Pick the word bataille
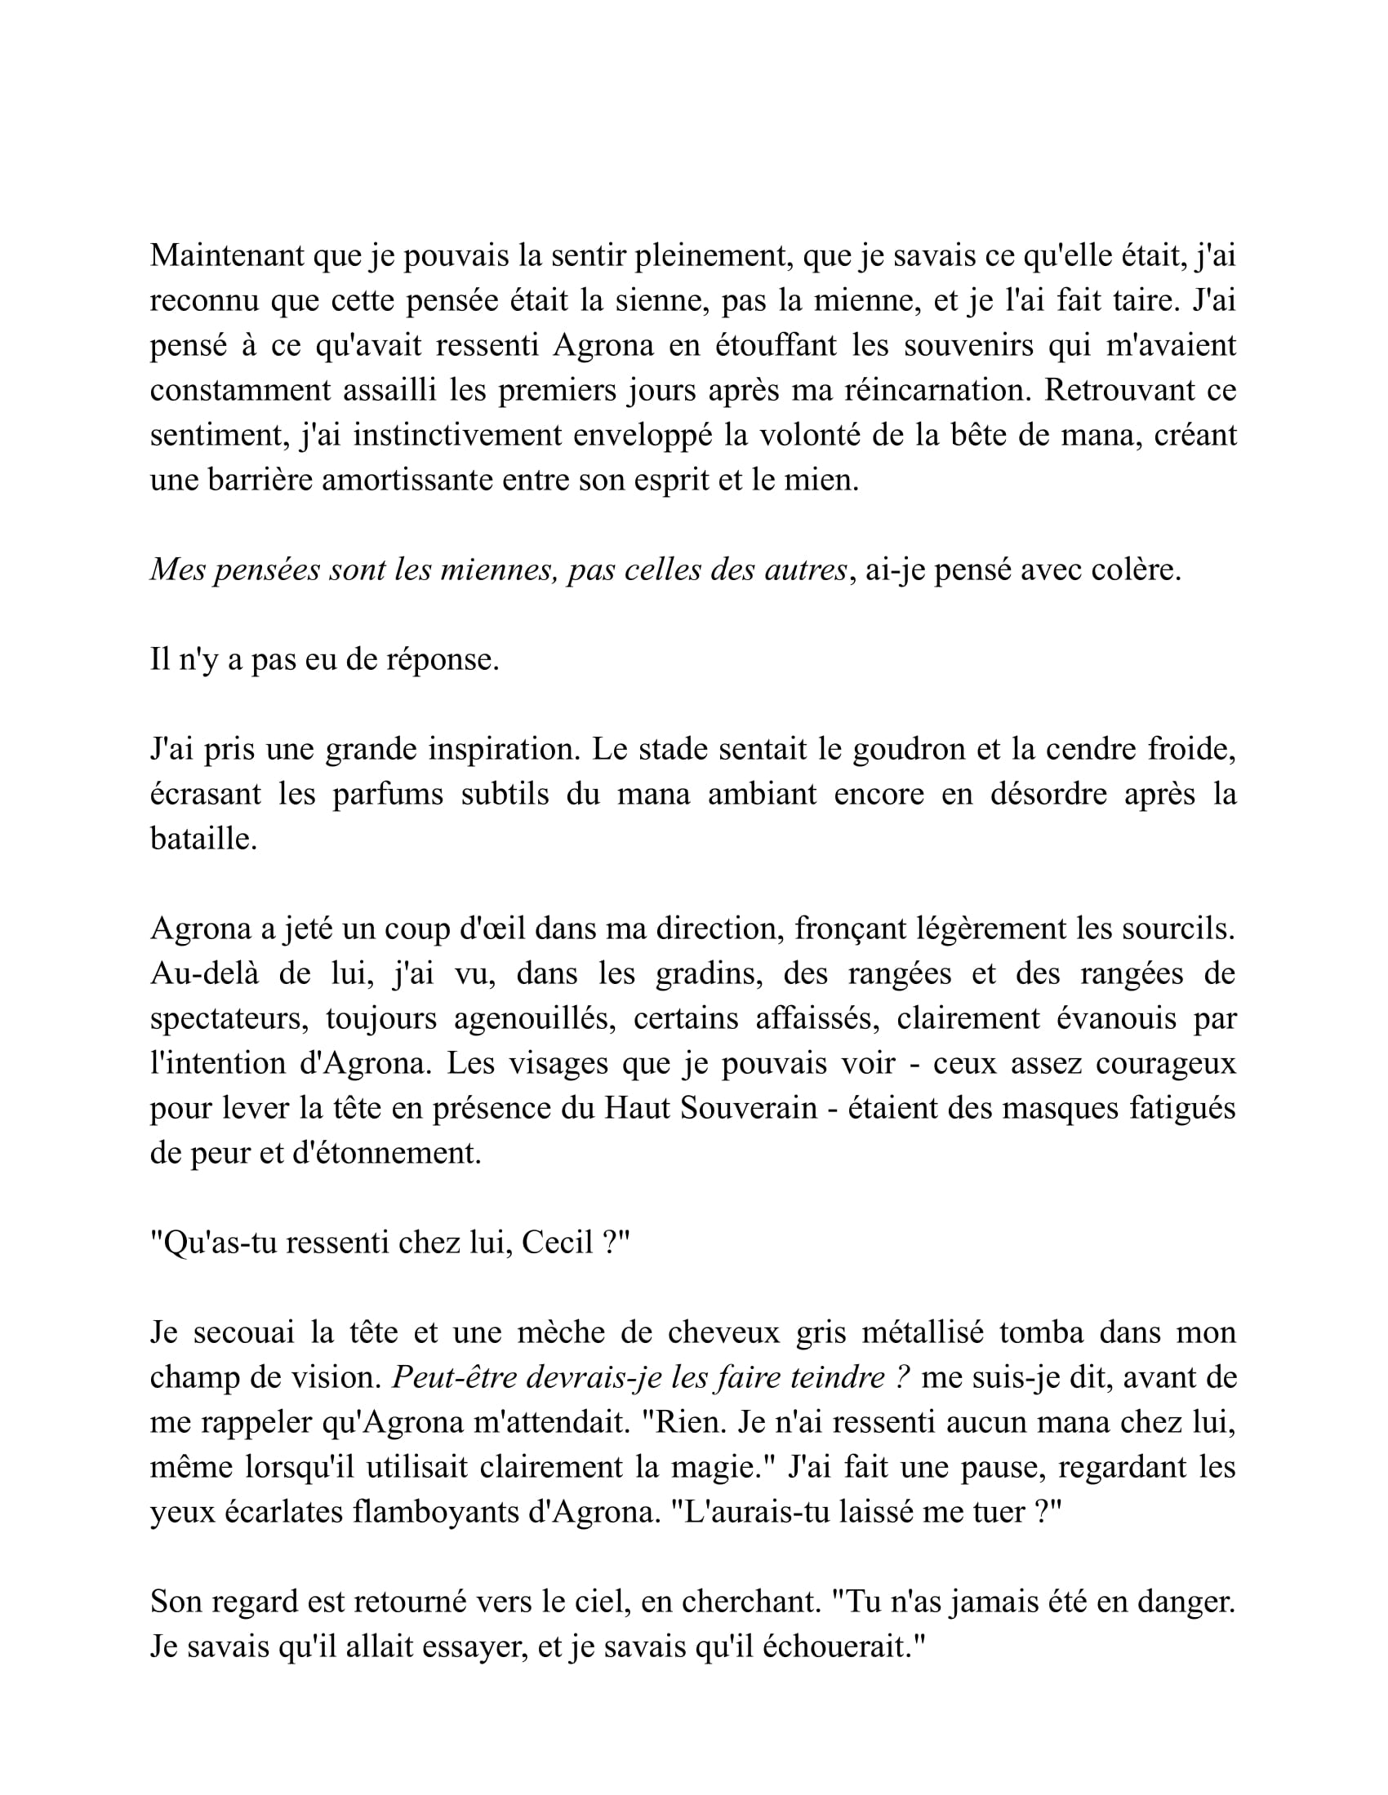(x=203, y=838)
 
